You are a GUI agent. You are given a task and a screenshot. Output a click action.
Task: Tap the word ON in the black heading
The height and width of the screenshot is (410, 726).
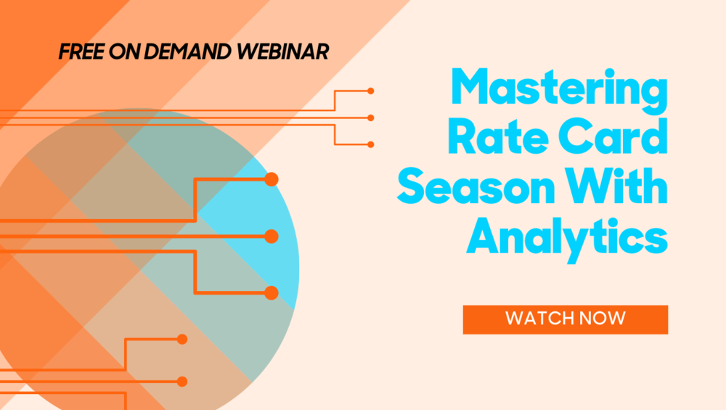point(125,52)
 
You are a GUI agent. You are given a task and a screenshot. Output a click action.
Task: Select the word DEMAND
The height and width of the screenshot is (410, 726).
point(187,52)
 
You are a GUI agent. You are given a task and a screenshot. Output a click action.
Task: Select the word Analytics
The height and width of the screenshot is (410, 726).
point(567,238)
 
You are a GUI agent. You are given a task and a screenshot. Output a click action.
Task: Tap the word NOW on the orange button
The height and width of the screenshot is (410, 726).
point(603,319)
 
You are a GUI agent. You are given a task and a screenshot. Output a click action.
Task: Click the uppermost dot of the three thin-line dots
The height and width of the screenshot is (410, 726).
point(370,91)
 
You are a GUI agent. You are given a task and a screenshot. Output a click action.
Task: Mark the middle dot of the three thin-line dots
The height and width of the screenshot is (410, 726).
point(370,118)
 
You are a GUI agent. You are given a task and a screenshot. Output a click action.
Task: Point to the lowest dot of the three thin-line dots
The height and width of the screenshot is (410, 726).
point(370,145)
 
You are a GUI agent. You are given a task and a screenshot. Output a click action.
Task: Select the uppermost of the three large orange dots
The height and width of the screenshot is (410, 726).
point(272,179)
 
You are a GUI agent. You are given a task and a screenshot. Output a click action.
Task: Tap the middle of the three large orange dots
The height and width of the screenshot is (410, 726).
point(272,237)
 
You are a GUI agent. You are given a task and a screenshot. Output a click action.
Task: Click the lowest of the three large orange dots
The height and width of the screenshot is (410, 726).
point(272,293)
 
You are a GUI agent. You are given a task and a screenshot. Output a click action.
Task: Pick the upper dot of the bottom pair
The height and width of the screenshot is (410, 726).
point(182,339)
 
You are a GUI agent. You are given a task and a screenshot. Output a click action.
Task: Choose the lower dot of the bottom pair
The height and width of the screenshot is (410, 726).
point(182,381)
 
